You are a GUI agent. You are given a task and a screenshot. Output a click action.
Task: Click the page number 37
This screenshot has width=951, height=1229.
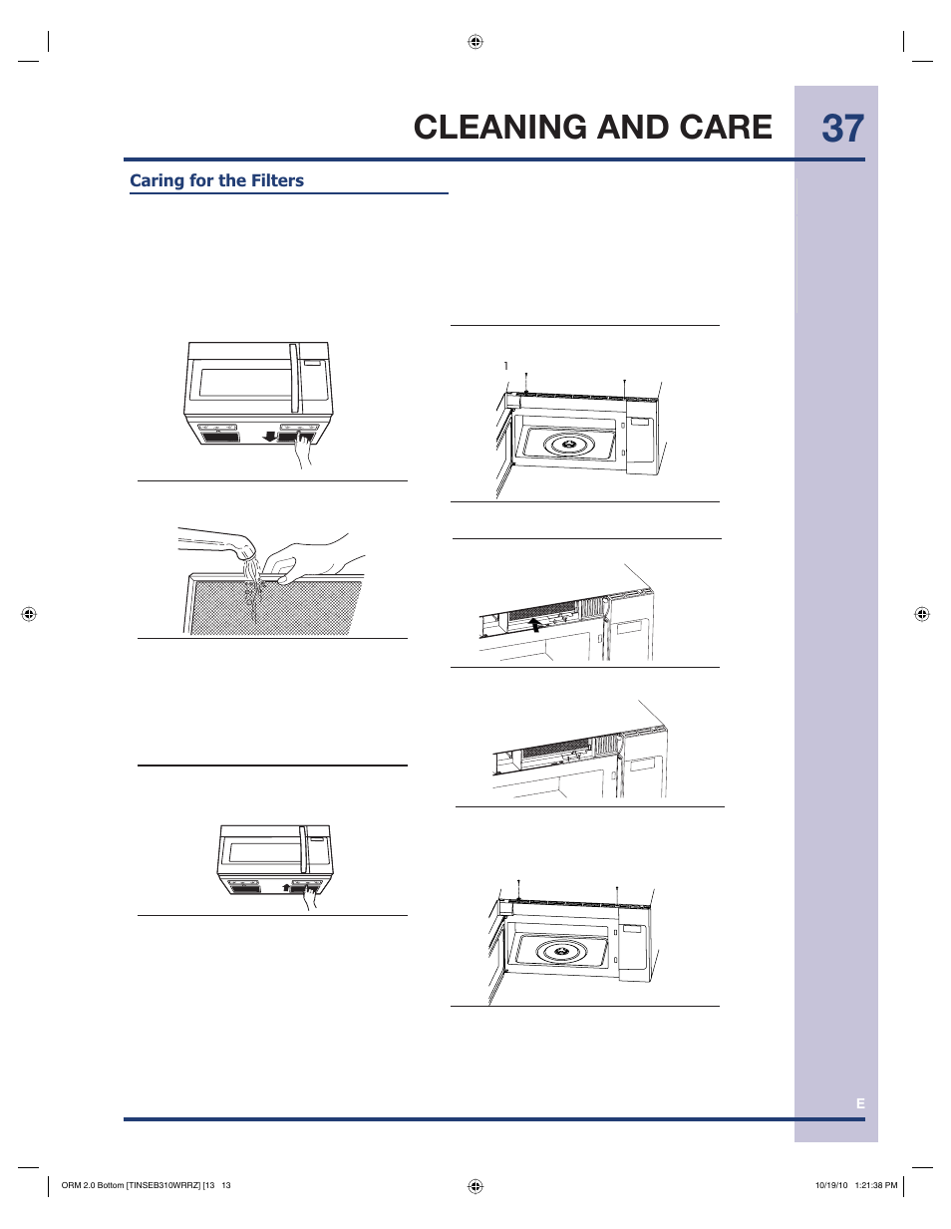(x=842, y=129)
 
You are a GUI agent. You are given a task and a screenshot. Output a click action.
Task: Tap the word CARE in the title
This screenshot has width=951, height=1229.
(x=726, y=128)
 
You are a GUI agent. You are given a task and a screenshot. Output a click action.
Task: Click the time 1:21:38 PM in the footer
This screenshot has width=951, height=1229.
(x=876, y=1185)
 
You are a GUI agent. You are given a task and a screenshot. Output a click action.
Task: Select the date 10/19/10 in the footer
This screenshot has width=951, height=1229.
(x=831, y=1185)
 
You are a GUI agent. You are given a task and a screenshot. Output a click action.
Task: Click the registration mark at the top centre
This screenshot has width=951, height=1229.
(x=475, y=42)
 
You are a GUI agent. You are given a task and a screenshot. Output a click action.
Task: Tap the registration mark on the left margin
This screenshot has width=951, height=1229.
(x=29, y=614)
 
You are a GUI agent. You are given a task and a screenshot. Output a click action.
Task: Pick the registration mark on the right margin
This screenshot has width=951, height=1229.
(x=922, y=614)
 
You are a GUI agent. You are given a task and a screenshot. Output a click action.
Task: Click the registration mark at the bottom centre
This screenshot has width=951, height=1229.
(x=475, y=1185)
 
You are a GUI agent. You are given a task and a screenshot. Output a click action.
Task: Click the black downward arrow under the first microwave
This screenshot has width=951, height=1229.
(x=270, y=436)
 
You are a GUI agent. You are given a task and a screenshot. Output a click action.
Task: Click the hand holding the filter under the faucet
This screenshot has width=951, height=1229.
(x=311, y=560)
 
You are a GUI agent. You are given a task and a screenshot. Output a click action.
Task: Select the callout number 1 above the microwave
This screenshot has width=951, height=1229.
(x=506, y=366)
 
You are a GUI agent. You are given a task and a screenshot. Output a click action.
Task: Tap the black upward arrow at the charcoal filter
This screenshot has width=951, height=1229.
(x=536, y=623)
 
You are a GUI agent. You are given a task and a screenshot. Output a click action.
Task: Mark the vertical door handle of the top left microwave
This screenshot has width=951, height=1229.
(x=294, y=378)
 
